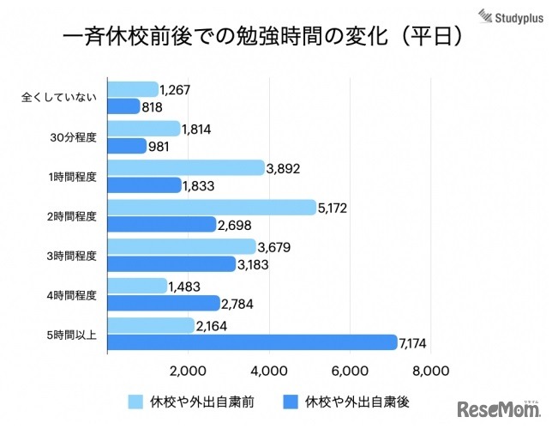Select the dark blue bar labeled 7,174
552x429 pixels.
point(252,343)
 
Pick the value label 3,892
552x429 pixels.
point(283,168)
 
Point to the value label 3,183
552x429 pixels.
point(254,264)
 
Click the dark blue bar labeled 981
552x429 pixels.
point(127,146)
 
